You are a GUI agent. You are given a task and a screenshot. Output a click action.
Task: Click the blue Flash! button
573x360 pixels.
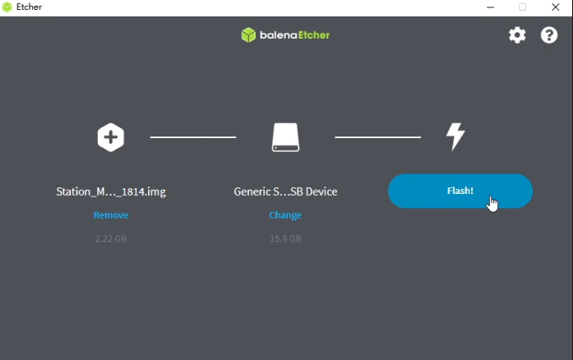coord(460,191)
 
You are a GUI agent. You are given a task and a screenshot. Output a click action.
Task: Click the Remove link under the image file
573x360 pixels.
coord(111,215)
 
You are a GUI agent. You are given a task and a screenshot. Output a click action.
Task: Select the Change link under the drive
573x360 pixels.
coord(285,215)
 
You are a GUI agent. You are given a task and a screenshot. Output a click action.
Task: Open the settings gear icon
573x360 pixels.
coord(517,35)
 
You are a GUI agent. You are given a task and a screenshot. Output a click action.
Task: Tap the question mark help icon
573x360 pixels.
coord(549,35)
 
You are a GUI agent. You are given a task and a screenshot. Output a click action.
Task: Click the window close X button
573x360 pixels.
coord(556,7)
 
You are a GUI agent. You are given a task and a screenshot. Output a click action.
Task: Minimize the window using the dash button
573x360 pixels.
coord(491,7)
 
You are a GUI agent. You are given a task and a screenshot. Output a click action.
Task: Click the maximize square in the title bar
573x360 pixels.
coord(523,7)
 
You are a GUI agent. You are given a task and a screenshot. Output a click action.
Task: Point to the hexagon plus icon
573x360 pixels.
coord(111,137)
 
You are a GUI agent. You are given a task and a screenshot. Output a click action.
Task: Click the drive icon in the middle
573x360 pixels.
coord(285,137)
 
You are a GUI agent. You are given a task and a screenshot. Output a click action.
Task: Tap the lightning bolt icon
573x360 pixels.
coord(455,136)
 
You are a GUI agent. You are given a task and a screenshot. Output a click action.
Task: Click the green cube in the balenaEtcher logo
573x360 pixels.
coord(248,35)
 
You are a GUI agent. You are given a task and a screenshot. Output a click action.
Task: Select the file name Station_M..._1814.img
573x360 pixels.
coord(111,192)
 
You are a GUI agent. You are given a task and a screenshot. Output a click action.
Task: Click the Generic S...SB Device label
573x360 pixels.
coord(285,192)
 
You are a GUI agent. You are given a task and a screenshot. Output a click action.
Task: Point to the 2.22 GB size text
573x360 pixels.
coord(111,238)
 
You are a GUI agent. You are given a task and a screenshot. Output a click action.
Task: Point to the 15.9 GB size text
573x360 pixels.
coord(285,238)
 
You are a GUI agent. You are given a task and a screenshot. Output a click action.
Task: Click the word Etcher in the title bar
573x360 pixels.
coord(29,7)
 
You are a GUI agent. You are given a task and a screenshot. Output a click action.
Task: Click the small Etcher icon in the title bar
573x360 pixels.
coord(7,7)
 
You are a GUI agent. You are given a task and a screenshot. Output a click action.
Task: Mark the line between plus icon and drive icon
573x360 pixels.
coord(193,137)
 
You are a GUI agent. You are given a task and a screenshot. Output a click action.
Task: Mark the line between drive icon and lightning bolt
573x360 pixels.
coord(378,137)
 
